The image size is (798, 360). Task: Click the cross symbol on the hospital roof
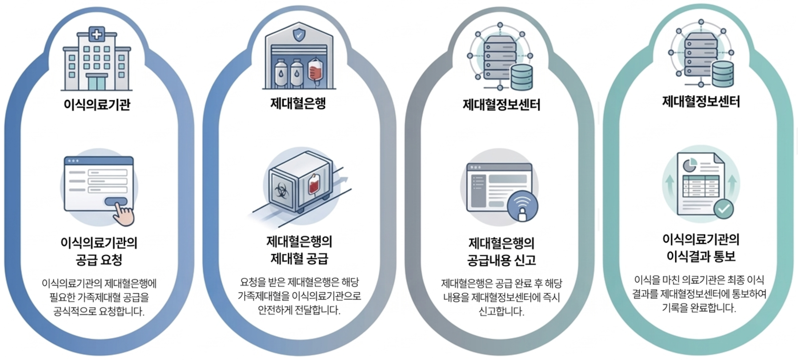pos(97,34)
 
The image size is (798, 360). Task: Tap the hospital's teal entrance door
pos(97,82)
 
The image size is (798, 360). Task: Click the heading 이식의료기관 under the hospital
pos(97,105)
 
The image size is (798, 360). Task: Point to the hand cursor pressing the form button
pos(123,213)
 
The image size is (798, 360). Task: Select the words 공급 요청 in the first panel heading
pos(99,260)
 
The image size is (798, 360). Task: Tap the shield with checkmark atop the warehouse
pos(299,34)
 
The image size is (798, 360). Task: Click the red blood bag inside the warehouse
pos(315,70)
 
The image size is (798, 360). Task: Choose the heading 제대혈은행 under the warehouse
pos(298,104)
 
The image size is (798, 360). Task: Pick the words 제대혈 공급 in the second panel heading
pos(299,258)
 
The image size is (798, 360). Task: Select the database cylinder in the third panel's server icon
pos(521,77)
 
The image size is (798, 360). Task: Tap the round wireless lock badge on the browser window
pos(522,206)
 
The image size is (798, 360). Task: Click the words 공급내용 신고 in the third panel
pos(501,260)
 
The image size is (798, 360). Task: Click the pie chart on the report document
pos(689,165)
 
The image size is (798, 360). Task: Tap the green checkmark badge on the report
pos(723,208)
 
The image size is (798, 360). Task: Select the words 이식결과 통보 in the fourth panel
pos(701,256)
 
